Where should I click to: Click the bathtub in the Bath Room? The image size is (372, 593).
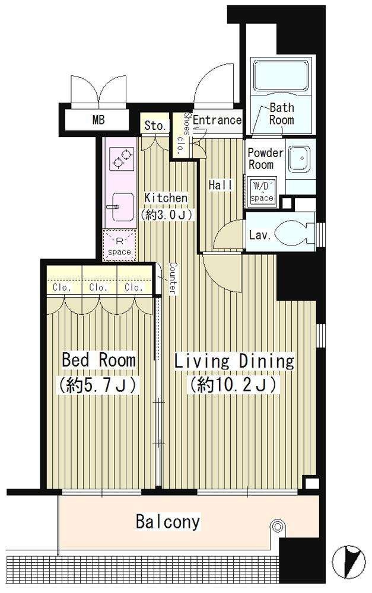282,76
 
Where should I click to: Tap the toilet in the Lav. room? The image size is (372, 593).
292,232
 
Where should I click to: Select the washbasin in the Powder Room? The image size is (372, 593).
299,158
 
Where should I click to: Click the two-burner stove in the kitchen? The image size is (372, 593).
122,158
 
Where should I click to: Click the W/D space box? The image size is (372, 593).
262,192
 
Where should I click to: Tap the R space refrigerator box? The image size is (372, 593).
119,245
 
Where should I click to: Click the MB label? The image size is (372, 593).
98,120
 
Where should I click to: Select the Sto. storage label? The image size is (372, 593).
155,126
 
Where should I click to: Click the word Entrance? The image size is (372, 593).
217,120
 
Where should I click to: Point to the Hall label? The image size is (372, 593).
221,185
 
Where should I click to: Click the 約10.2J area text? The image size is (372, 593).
234,385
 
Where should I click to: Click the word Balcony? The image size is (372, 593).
168,522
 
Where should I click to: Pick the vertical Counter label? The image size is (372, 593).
173,279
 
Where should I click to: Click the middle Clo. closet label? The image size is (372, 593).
98,288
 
